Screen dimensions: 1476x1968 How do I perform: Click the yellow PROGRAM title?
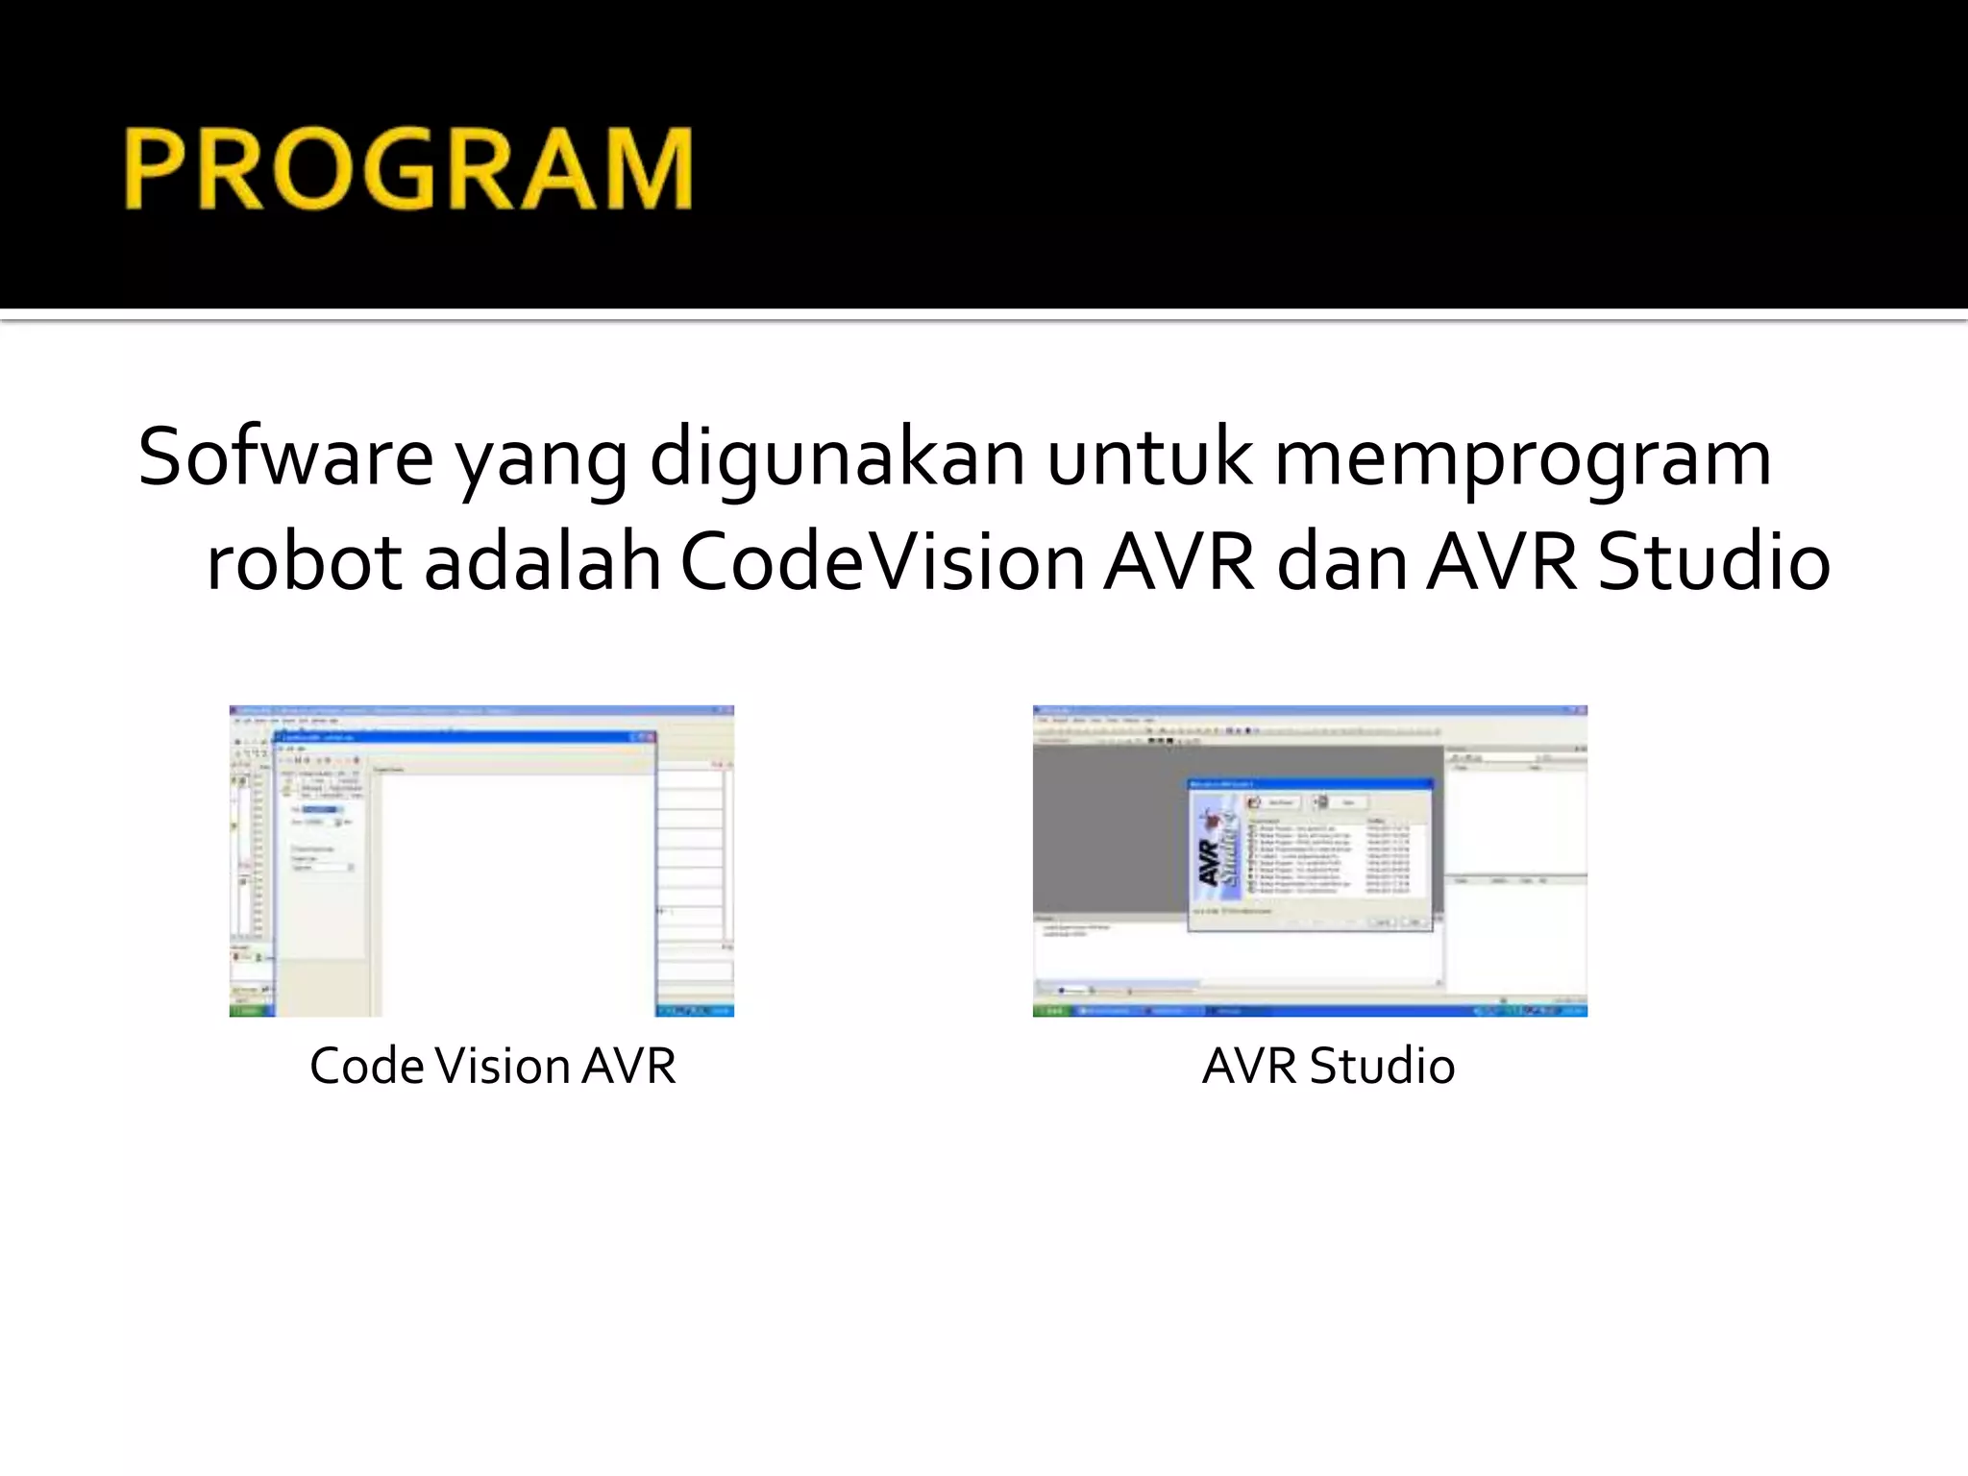pos(407,169)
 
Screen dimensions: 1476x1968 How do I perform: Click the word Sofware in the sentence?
pos(285,458)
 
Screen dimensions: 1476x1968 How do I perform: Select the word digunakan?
pos(836,458)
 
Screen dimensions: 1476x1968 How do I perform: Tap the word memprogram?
pos(1522,458)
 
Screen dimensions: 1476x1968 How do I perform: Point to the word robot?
pos(304,562)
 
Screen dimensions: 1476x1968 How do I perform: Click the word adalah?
pos(542,562)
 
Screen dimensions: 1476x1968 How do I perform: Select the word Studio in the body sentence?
pos(1713,562)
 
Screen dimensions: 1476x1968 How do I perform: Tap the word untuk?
pos(1149,458)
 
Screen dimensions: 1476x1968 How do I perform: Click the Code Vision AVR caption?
pos(492,1066)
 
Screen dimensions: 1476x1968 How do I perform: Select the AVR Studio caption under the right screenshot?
pos(1328,1066)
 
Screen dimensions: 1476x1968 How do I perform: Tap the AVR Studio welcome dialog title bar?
pos(1309,784)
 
